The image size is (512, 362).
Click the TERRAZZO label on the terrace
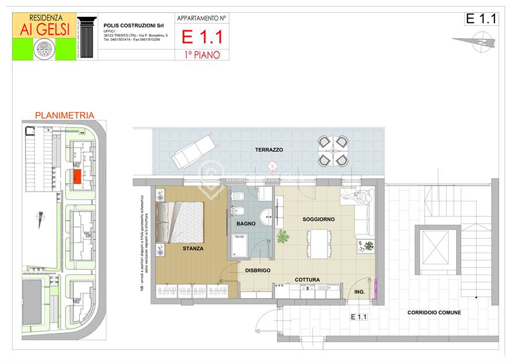point(269,150)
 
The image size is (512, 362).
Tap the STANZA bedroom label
point(193,249)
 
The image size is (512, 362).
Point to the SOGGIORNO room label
point(318,219)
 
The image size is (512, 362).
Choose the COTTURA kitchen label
point(307,280)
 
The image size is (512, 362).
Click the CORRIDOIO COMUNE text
point(434,313)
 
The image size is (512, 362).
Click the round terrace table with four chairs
point(333,150)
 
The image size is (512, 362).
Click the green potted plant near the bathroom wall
point(283,237)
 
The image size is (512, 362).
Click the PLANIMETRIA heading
point(65,115)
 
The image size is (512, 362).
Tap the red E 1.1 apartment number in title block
point(202,37)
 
